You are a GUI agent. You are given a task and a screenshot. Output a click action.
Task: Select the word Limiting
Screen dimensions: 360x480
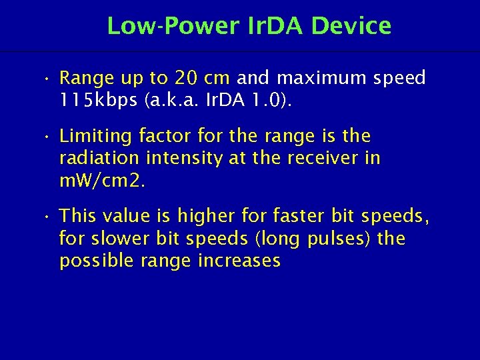point(95,136)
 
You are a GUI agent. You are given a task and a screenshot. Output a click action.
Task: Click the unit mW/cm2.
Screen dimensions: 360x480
point(101,181)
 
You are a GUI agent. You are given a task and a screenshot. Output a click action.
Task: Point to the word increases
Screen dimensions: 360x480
point(239,261)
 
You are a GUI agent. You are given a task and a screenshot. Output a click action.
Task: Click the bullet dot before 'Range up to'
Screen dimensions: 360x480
point(44,79)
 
